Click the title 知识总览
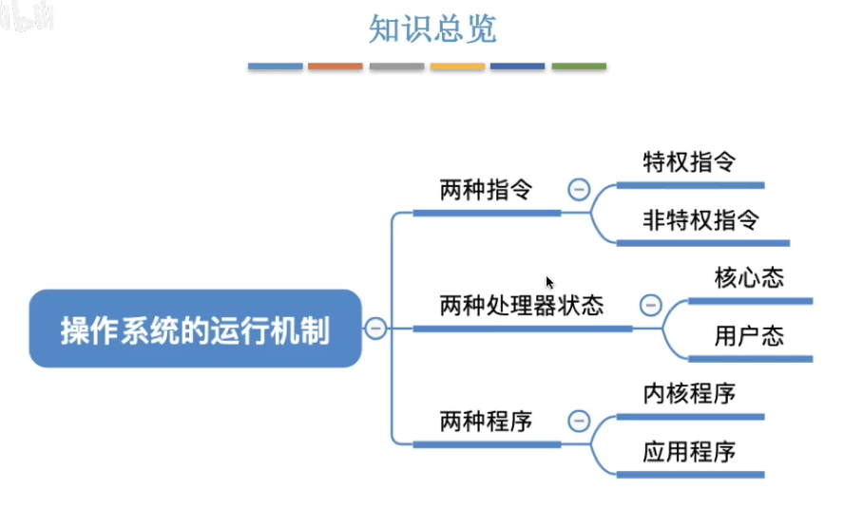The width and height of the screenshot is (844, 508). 432,29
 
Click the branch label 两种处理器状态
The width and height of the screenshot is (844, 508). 522,306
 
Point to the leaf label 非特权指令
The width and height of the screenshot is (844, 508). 701,220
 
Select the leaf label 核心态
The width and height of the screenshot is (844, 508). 749,278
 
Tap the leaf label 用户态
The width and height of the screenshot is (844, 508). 749,336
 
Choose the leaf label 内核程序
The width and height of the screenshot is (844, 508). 689,393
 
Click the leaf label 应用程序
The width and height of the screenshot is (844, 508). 689,451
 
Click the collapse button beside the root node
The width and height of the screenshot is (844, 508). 376,329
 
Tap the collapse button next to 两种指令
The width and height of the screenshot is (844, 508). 579,189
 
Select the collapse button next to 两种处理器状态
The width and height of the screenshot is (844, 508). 651,306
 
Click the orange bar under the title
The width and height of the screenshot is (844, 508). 336,66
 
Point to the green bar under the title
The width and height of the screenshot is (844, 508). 579,66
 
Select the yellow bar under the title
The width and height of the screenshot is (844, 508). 457,66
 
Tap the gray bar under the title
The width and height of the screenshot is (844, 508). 396,66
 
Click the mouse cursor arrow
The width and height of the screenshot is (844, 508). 549,282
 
